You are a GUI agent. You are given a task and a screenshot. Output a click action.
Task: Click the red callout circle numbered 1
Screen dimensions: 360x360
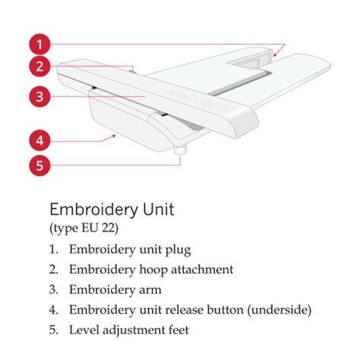pos(39,44)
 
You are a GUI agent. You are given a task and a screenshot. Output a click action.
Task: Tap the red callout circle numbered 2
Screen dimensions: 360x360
pos(39,66)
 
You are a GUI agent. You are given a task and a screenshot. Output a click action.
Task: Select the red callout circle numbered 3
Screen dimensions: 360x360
pos(39,96)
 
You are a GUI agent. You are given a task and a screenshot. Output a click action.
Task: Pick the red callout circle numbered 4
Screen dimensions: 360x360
pos(39,141)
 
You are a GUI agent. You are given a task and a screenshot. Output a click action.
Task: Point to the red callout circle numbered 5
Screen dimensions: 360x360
pos(39,166)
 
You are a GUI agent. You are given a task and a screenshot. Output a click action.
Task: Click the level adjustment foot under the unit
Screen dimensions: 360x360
pos(180,150)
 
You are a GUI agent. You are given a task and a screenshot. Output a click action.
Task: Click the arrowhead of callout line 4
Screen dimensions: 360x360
pos(114,136)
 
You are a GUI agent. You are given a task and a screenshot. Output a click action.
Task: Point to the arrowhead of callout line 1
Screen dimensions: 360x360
pos(275,54)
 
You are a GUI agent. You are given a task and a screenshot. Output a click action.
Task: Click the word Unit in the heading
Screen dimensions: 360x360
pos(159,210)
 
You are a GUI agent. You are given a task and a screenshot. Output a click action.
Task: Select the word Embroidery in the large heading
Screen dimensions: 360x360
pos(94,210)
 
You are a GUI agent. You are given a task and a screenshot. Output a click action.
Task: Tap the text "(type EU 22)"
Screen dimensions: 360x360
pos(84,229)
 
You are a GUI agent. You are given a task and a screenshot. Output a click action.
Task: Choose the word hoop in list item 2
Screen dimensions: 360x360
pos(153,270)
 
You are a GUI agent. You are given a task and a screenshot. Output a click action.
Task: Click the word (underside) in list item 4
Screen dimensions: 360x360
pos(279,310)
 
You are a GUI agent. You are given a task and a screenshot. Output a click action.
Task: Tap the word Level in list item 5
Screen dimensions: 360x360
pos(84,330)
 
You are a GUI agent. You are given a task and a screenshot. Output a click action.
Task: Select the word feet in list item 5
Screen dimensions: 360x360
pos(178,330)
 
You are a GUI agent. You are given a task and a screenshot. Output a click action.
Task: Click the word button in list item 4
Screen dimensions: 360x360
pos(226,310)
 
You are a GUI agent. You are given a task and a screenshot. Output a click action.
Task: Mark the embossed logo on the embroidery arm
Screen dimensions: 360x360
pos(201,100)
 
